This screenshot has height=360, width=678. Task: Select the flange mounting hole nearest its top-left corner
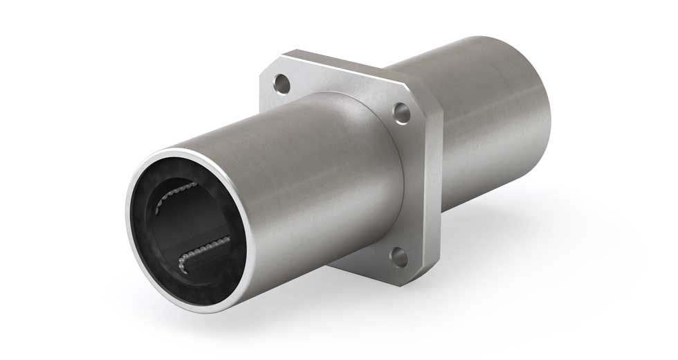pos(281,84)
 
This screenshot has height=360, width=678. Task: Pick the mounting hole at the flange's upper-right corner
pos(400,111)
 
